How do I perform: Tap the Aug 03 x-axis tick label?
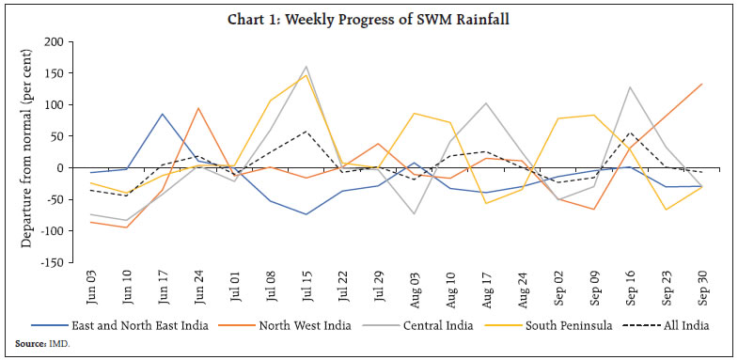(x=414, y=285)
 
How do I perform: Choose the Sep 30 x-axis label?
(x=701, y=285)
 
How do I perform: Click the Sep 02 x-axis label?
(x=557, y=285)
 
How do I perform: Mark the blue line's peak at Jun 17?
(x=163, y=115)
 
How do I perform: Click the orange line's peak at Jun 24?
(x=198, y=108)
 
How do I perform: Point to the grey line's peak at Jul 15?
(x=306, y=67)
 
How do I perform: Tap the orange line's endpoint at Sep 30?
(x=701, y=84)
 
